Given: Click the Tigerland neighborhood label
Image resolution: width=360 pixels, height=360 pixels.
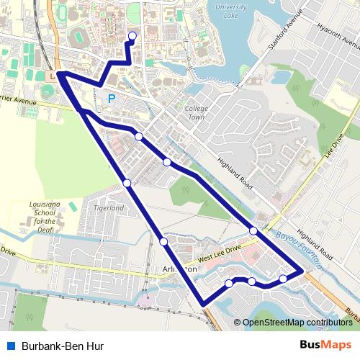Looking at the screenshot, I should (109, 208).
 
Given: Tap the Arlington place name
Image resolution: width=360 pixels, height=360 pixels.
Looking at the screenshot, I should (180, 268).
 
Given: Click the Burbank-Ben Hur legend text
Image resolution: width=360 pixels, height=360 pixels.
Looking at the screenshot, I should (63, 346).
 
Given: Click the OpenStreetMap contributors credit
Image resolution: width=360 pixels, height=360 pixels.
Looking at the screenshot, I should (297, 323).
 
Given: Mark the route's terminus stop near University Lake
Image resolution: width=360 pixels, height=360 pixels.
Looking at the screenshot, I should (132, 35).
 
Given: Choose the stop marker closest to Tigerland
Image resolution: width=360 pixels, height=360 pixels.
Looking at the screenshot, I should (127, 184).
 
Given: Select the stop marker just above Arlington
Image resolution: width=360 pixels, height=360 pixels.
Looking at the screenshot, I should (164, 241).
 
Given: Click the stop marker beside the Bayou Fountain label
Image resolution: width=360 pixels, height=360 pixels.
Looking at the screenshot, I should (253, 230).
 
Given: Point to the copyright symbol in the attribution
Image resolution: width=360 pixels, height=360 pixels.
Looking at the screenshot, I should (238, 323).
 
